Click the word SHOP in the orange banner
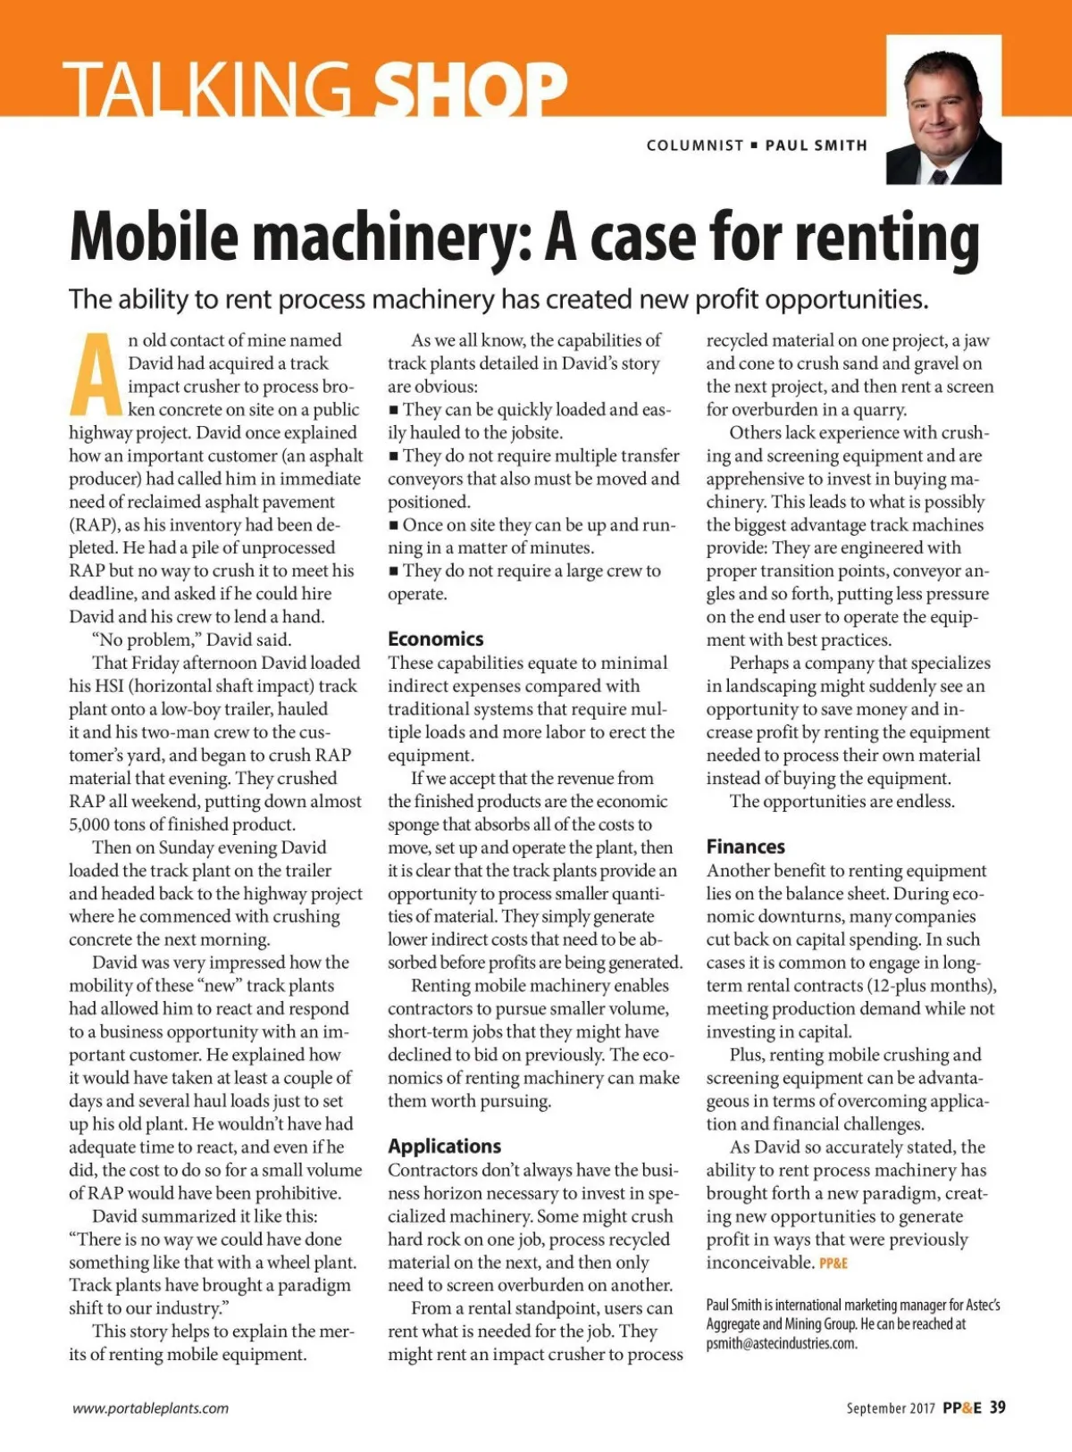coord(470,88)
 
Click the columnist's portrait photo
coord(943,112)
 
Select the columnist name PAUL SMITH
coord(817,146)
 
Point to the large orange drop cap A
coord(96,375)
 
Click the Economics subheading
coord(435,639)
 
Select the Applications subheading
coord(444,1147)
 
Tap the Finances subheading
coord(745,847)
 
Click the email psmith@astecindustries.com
coord(781,1344)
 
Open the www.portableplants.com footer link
coord(150,1408)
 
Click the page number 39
coord(997,1407)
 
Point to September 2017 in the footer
coord(890,1408)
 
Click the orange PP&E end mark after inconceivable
coord(833,1264)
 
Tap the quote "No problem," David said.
coord(191,640)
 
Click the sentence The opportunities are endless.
coord(842,802)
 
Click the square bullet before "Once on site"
coord(393,525)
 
